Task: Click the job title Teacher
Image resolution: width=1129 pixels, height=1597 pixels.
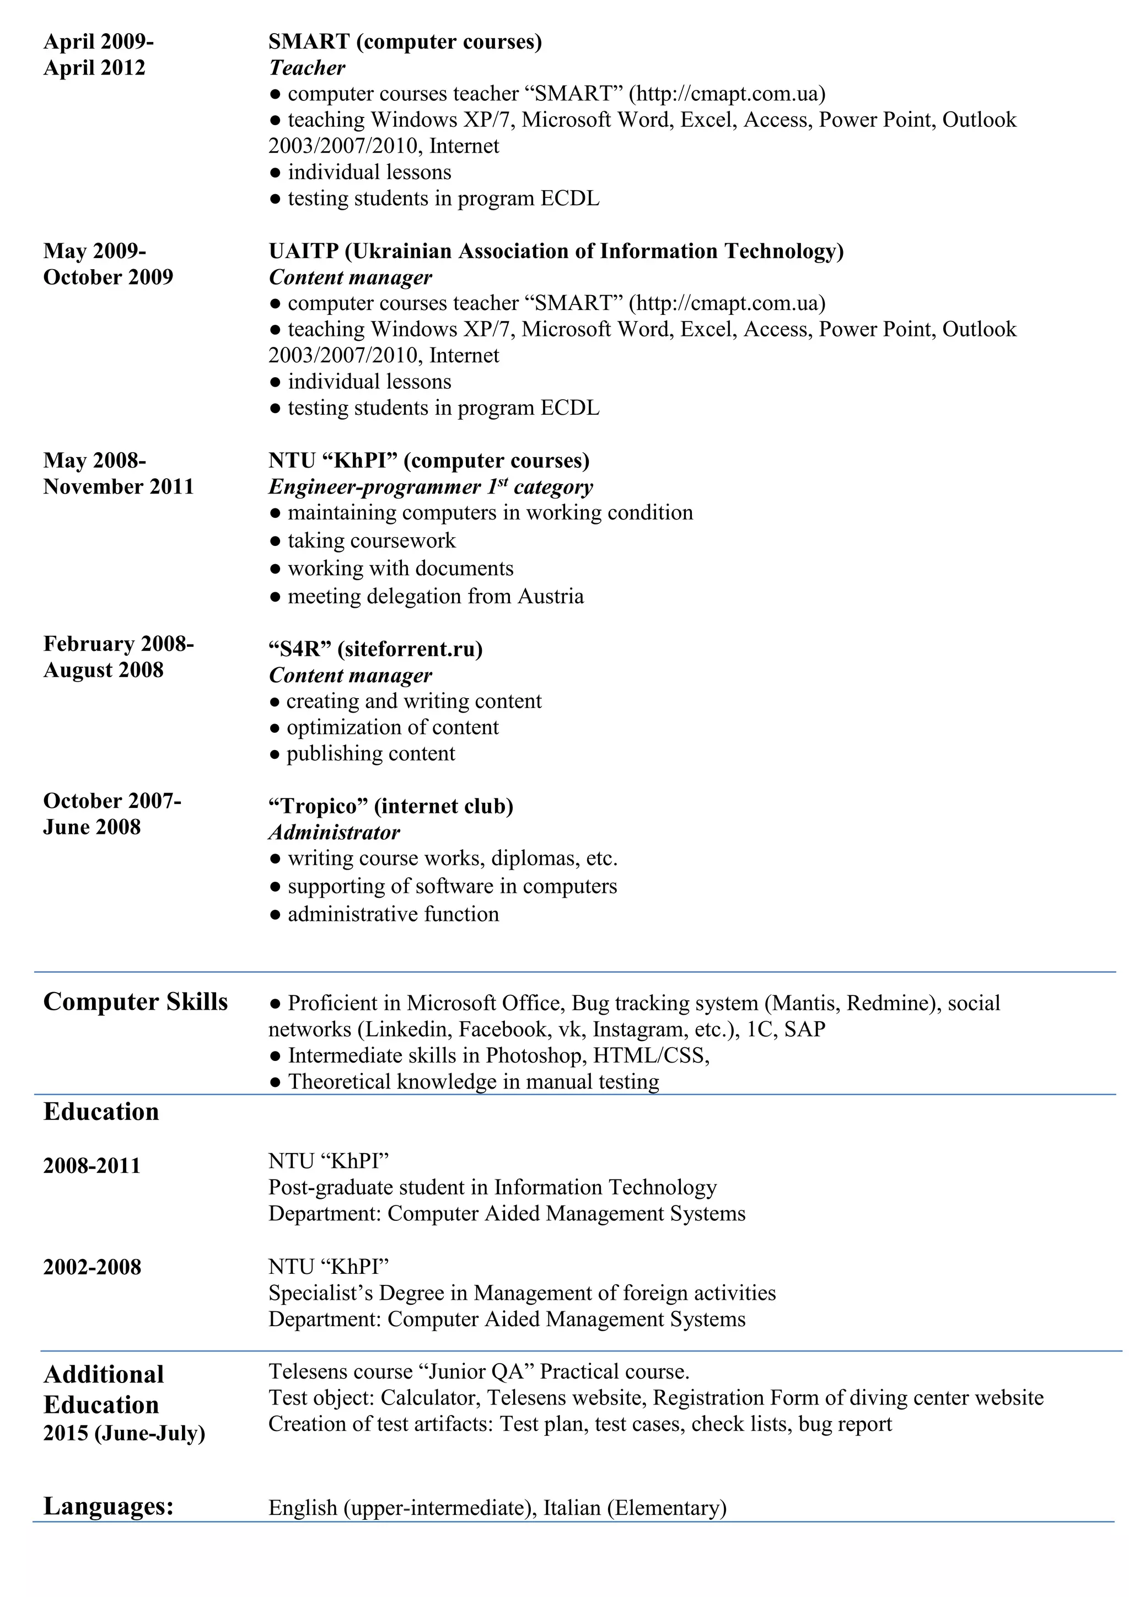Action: point(307,67)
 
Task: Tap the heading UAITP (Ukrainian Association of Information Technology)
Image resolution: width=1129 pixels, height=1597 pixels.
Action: point(556,250)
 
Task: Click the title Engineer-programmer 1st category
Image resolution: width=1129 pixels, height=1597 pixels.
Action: point(431,486)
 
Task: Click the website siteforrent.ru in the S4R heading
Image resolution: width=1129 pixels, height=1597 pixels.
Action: point(410,649)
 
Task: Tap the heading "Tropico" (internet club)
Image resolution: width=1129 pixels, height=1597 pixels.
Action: point(391,806)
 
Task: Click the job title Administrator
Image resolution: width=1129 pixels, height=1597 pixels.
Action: point(335,833)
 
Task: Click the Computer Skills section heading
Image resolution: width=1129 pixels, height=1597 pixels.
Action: point(136,1001)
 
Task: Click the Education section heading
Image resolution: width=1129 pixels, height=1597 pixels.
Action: point(101,1112)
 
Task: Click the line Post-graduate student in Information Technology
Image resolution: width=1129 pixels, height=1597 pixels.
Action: point(492,1187)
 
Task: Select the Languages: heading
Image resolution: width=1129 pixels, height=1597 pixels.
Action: point(109,1506)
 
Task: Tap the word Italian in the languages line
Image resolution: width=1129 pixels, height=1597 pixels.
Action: point(572,1508)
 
